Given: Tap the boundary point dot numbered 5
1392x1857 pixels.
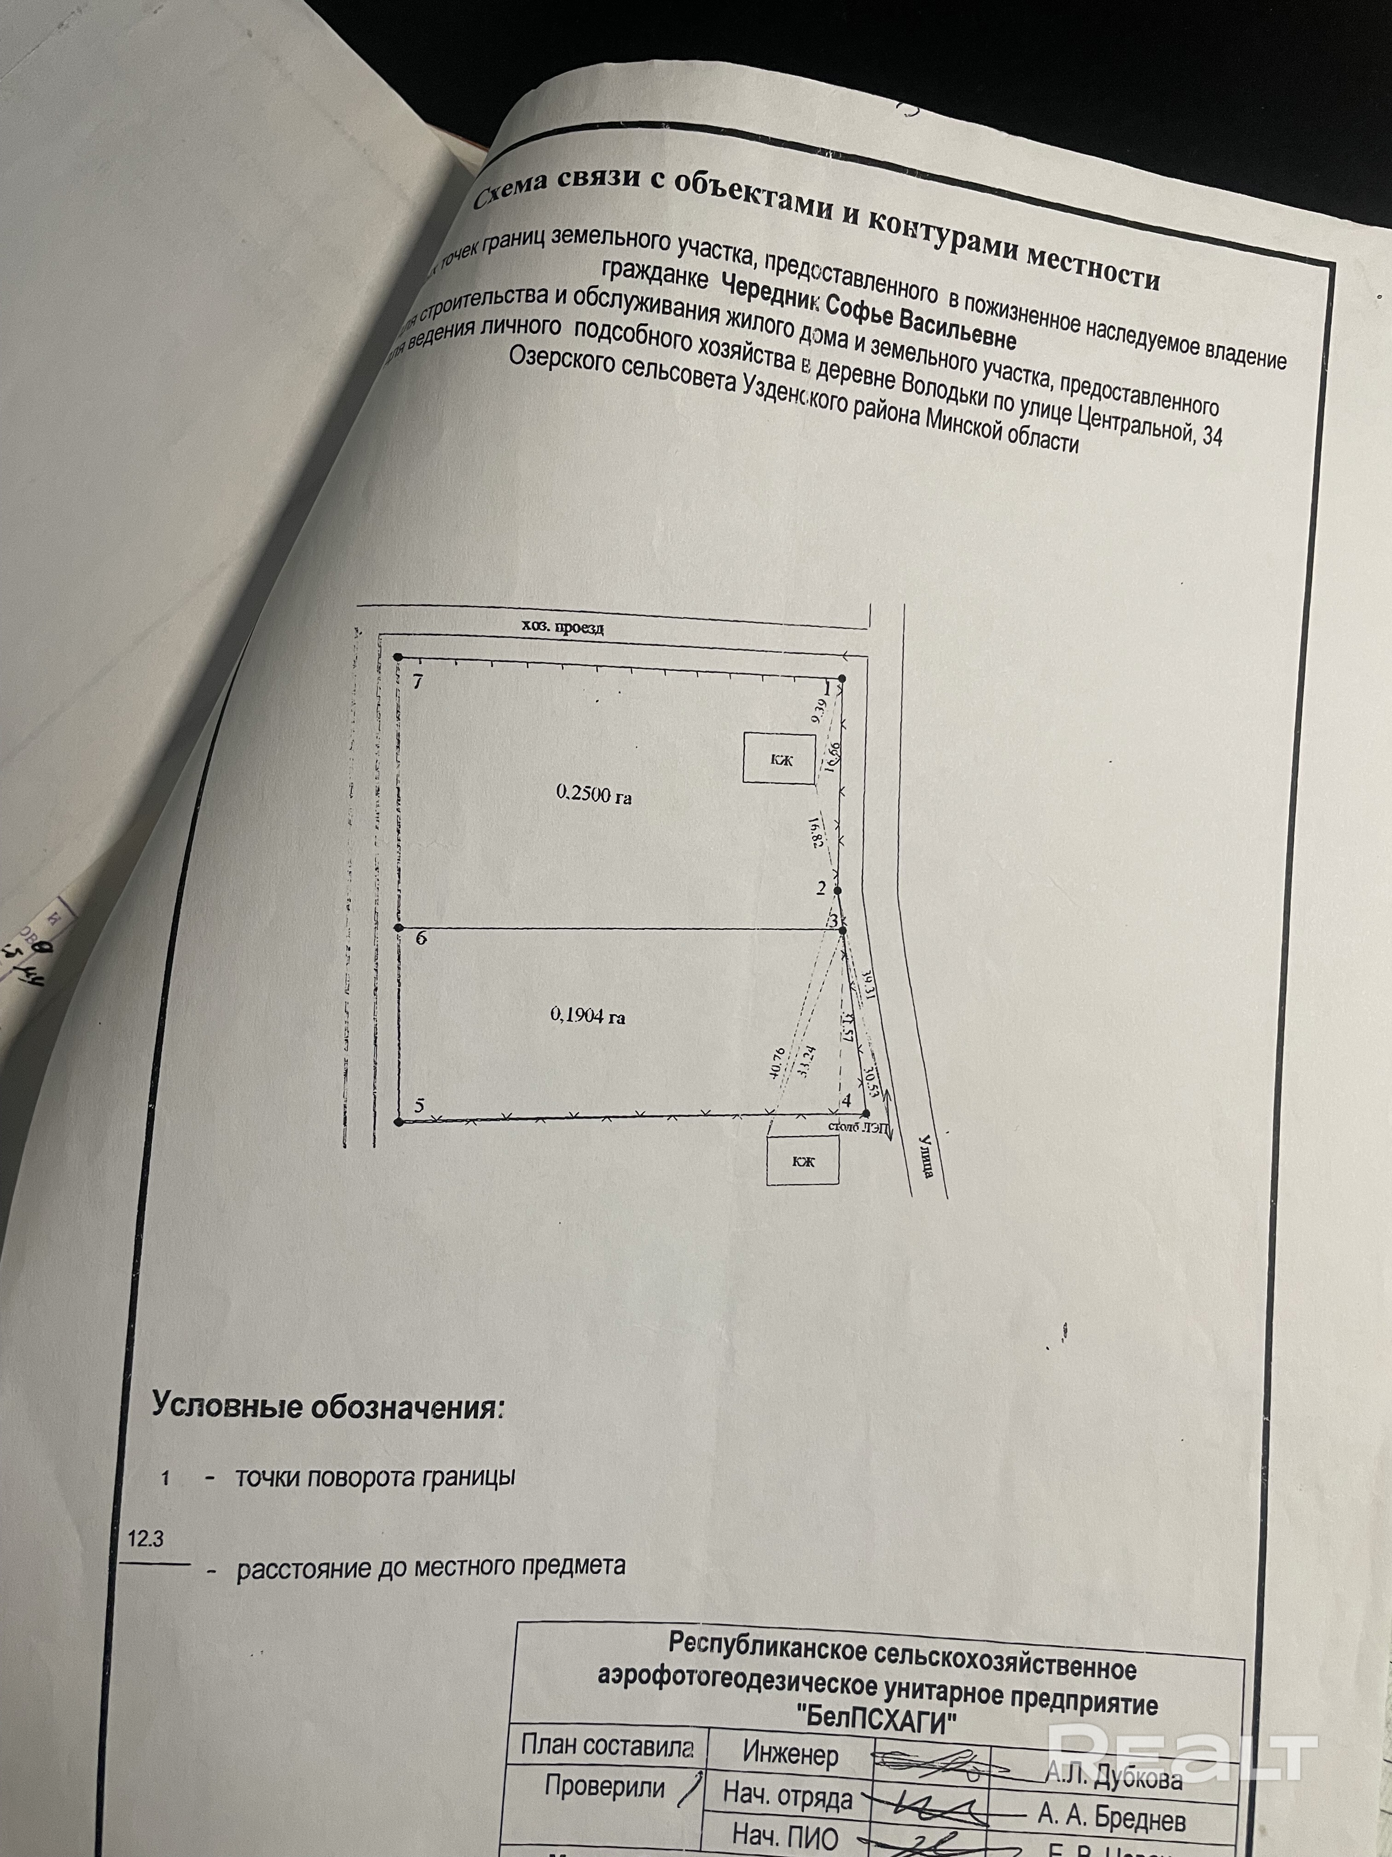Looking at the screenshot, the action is [399, 1121].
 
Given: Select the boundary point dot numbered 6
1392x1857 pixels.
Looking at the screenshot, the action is [399, 928].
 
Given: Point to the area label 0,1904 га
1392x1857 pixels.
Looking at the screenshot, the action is [587, 1016].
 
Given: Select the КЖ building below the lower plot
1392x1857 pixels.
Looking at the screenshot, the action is [803, 1161].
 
